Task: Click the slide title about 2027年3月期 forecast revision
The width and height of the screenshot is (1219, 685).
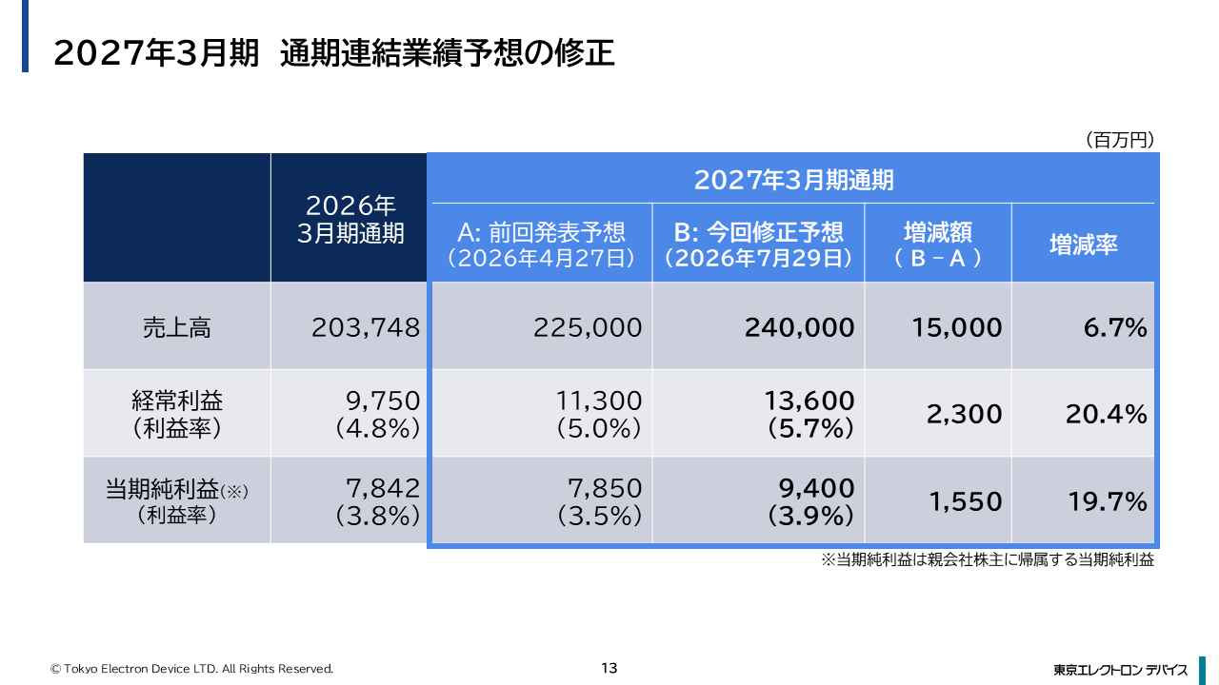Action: tap(334, 53)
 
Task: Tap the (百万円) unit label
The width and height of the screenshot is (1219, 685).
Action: tap(1119, 140)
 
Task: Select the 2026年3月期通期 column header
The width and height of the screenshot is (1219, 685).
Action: tap(350, 220)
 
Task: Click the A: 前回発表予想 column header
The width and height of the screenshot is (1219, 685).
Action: tap(542, 245)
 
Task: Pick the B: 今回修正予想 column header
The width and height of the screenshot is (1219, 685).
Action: tap(758, 245)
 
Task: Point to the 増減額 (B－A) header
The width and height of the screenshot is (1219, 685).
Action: tap(938, 245)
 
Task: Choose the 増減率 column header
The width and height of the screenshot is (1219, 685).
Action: tap(1083, 245)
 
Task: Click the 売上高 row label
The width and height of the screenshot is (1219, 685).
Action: tap(176, 328)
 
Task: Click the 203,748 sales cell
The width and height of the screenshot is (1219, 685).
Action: tap(366, 328)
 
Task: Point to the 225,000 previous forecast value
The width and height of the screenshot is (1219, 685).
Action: tap(588, 328)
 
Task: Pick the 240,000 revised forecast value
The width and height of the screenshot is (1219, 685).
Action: tap(799, 328)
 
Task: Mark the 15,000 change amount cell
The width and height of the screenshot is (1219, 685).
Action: tap(957, 328)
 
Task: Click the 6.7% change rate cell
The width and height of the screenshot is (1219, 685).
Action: tap(1115, 328)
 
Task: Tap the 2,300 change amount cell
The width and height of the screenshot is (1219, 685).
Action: tap(965, 414)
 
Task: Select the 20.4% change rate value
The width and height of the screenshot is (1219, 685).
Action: tap(1107, 414)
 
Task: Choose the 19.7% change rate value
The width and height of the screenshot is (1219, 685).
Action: tap(1108, 501)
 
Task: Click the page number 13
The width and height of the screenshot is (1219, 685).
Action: tap(609, 668)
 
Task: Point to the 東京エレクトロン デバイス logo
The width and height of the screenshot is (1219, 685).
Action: tap(1121, 670)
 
